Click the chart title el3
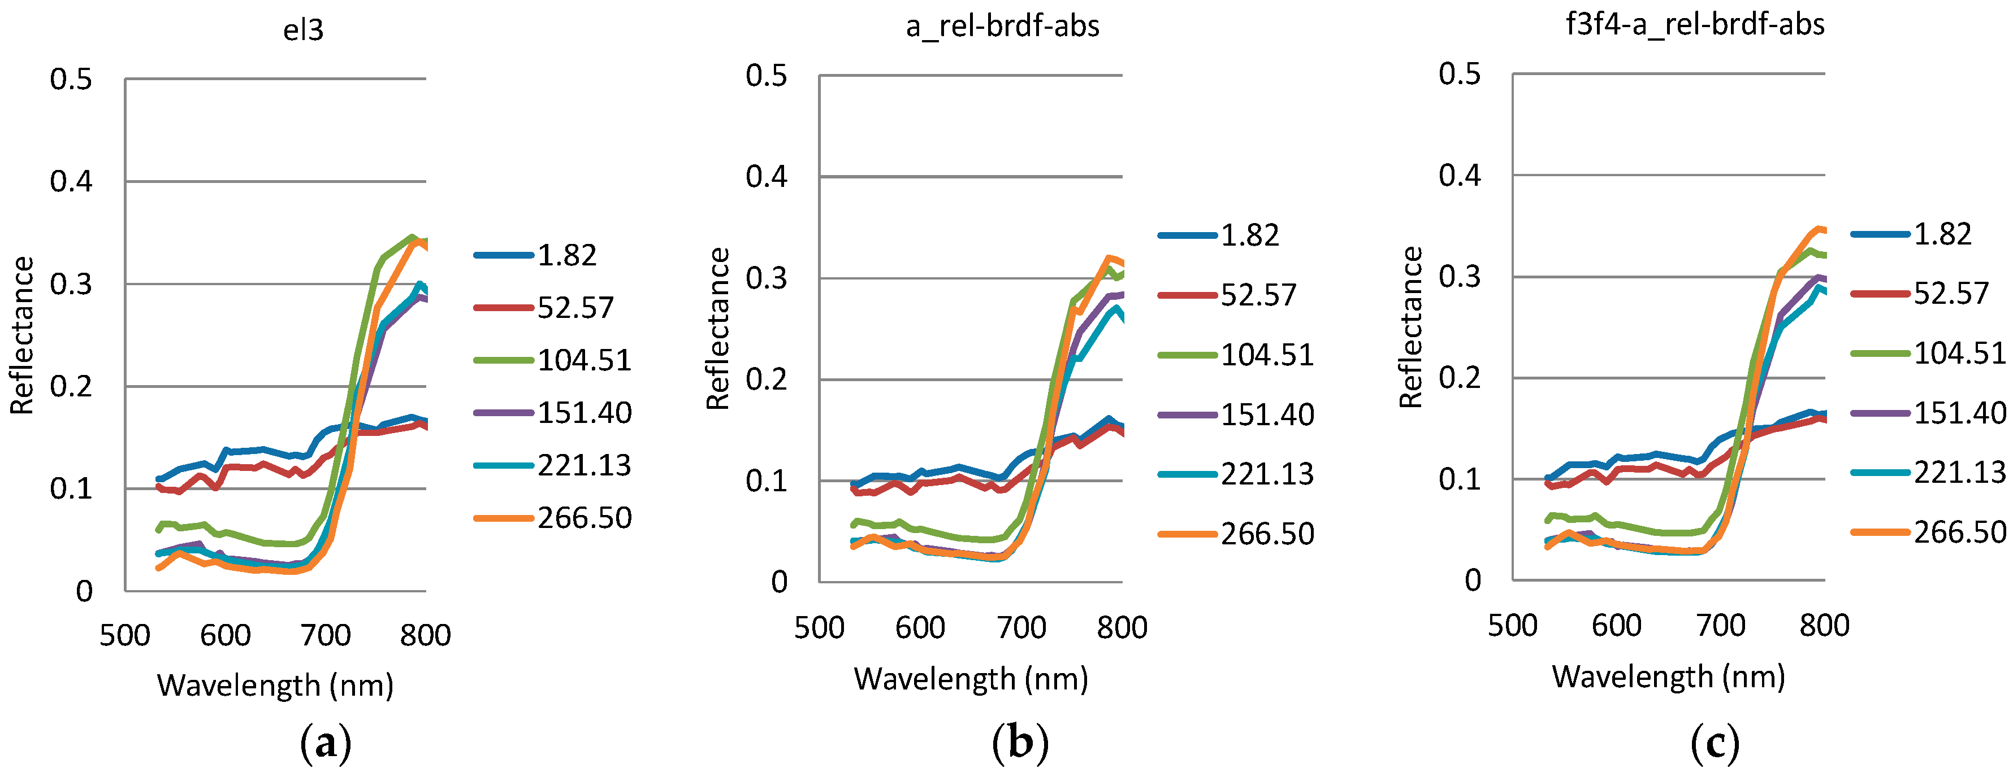point(303,30)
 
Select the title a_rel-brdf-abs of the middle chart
point(1003,26)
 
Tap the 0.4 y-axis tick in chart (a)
point(71,181)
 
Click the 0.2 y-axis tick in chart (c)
point(1459,378)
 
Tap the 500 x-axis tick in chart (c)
point(1512,626)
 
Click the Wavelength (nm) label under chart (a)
point(275,686)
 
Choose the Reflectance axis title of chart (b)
point(717,328)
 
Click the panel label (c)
point(1715,743)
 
